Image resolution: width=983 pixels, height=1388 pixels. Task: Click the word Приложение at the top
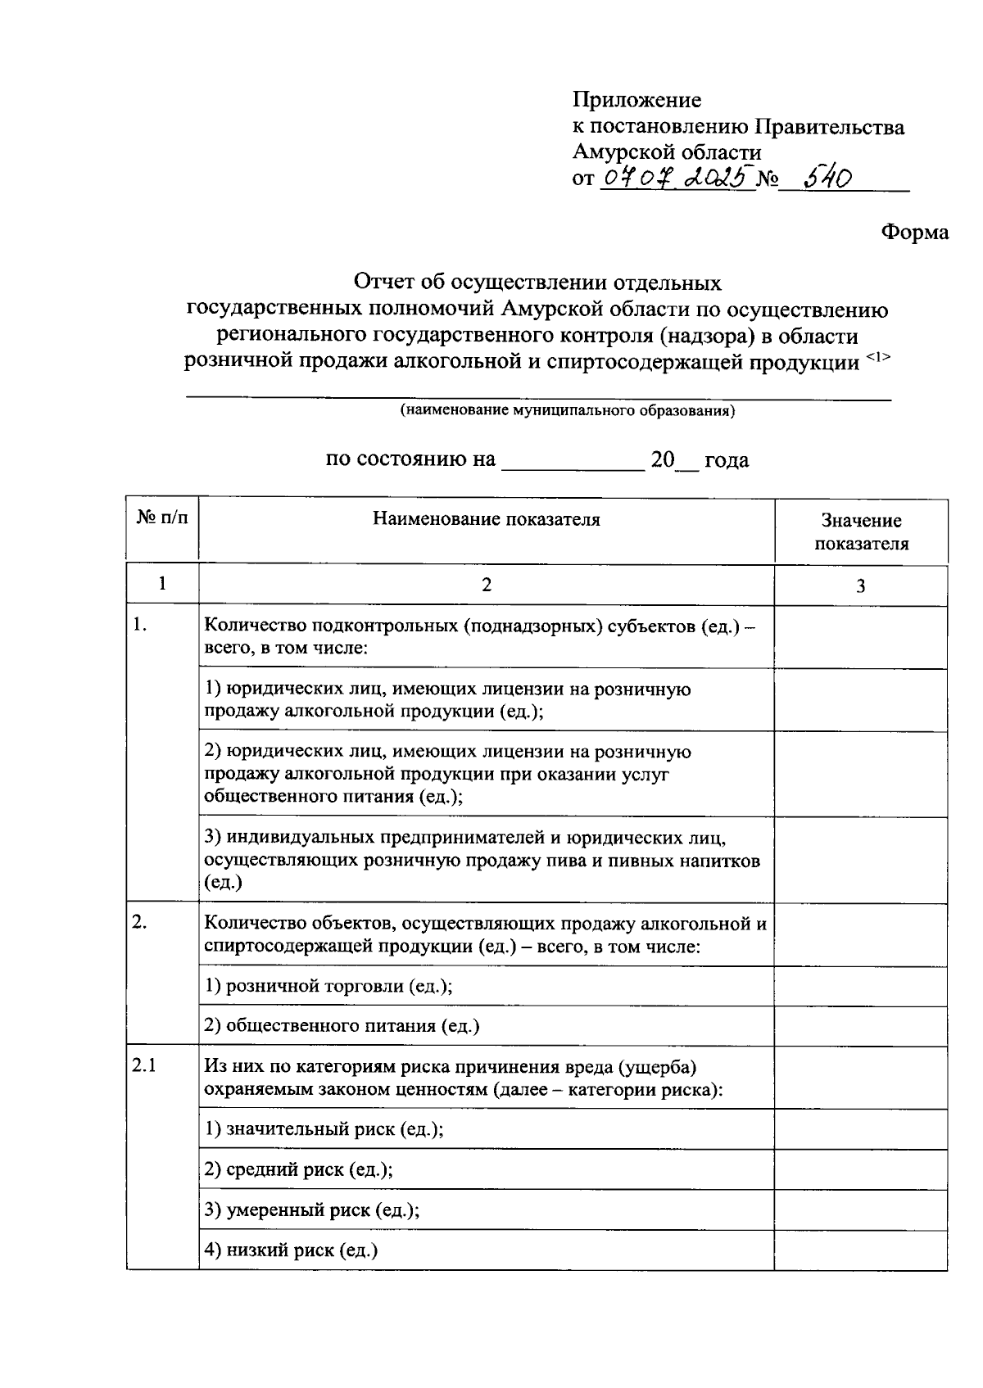click(636, 100)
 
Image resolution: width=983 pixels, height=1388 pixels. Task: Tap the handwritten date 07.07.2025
click(676, 178)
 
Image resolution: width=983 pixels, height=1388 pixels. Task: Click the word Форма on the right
click(914, 233)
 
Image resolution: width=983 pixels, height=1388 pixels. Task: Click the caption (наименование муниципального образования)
click(567, 411)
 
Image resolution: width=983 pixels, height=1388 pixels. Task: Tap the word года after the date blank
click(726, 460)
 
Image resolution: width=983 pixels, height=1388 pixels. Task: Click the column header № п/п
click(162, 519)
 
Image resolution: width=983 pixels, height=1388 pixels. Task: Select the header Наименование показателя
click(487, 519)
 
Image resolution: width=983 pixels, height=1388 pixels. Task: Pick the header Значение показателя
click(861, 531)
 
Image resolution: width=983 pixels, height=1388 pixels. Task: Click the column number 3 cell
click(861, 585)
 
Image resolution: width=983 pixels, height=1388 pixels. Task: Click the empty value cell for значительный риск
click(861, 1130)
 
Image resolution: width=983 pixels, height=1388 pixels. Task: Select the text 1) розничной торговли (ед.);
click(328, 986)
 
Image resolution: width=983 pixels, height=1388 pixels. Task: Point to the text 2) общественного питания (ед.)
click(342, 1026)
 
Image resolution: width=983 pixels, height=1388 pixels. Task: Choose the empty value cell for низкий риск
click(861, 1250)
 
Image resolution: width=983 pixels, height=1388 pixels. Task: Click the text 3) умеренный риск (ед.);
click(312, 1210)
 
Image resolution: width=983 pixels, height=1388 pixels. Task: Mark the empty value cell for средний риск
click(861, 1170)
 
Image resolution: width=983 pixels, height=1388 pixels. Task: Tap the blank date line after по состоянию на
click(573, 463)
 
